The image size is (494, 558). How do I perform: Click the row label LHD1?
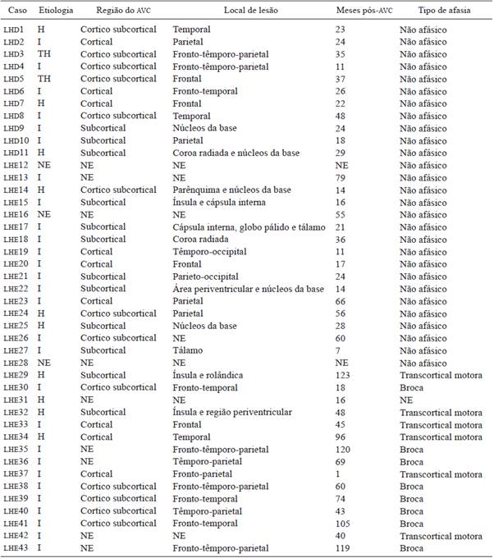(15, 30)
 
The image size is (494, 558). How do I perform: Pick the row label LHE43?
(16, 547)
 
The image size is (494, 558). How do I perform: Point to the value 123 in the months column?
(364, 374)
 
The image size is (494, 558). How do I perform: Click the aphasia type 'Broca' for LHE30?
(412, 386)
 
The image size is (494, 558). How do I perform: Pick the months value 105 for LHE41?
(364, 523)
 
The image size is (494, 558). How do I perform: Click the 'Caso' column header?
(15, 10)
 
